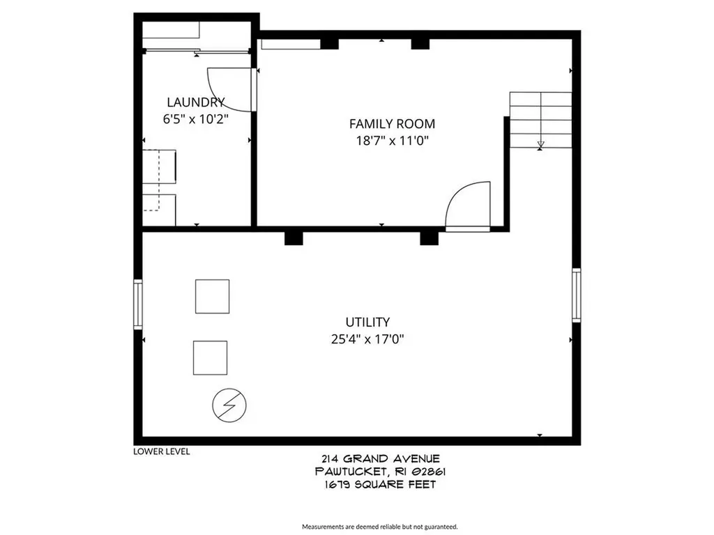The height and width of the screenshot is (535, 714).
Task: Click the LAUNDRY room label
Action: (195, 102)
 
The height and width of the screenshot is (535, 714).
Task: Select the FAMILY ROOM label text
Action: (392, 124)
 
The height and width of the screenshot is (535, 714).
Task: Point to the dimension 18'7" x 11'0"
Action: (392, 141)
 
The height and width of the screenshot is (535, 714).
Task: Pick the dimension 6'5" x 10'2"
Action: (195, 118)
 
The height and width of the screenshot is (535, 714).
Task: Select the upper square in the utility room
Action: (212, 297)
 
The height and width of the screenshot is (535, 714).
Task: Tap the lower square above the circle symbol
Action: (210, 357)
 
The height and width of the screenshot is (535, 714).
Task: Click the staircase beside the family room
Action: (540, 120)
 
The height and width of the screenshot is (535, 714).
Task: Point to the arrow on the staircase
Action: (540, 145)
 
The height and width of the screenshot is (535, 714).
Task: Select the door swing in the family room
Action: (469, 206)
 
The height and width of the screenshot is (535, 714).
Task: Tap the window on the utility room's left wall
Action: (138, 304)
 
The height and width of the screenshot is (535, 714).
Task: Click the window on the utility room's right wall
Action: (576, 295)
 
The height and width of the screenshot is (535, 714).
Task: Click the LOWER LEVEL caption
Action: (161, 451)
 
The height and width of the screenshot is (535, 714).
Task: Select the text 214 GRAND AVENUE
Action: (381, 458)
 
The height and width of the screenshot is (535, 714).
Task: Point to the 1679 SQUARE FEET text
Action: (381, 484)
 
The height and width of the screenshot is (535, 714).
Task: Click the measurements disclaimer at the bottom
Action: (379, 527)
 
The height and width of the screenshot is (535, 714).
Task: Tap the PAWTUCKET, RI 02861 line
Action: (381, 472)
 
